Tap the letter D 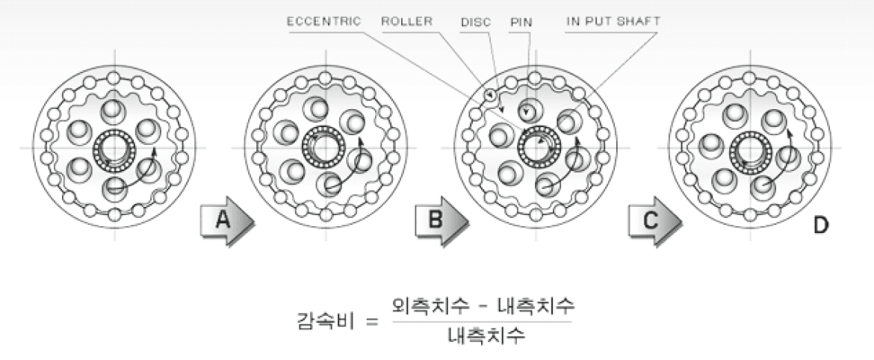[821, 225]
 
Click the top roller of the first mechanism [114, 77]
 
